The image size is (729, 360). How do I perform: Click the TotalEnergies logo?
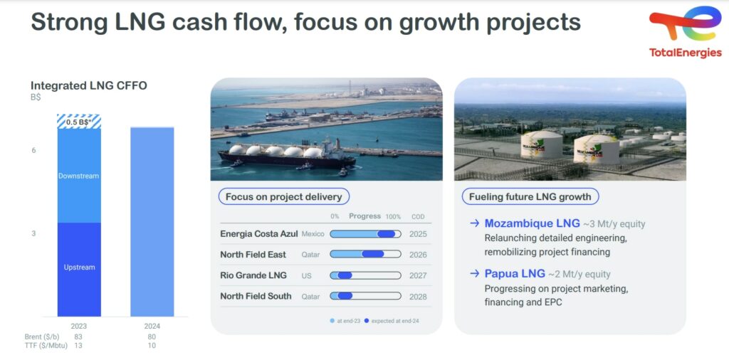(x=685, y=31)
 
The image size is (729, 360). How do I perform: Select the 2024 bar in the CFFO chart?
(x=152, y=221)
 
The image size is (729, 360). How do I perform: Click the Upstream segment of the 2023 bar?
(x=79, y=270)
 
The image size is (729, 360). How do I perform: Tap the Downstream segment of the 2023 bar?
(x=79, y=176)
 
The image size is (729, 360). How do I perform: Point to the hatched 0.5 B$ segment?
(x=79, y=121)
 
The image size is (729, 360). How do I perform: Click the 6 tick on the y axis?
(x=33, y=151)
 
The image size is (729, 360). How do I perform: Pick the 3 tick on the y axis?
(x=33, y=233)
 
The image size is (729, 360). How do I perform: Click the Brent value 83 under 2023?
(x=78, y=337)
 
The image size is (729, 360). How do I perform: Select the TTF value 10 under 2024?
(x=152, y=345)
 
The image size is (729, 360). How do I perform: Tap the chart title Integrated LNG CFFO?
(x=89, y=86)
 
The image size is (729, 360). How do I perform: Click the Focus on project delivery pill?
(x=283, y=197)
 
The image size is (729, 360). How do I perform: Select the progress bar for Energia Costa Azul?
(x=365, y=234)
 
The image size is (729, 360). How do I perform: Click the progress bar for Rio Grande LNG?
(x=365, y=275)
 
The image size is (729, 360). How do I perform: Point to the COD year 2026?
(x=418, y=255)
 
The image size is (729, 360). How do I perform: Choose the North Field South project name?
(x=256, y=296)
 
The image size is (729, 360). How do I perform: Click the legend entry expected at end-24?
(x=392, y=321)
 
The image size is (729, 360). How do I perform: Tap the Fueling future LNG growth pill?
(x=530, y=197)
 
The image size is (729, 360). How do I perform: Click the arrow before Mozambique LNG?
(x=474, y=223)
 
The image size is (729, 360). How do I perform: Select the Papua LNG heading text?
(x=515, y=274)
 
